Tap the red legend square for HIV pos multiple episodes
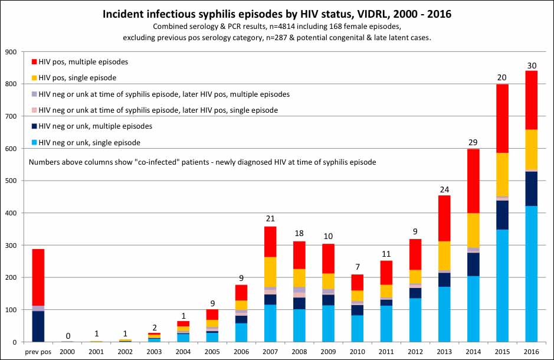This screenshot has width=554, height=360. click(x=34, y=61)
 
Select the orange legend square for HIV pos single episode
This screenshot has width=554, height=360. click(x=34, y=78)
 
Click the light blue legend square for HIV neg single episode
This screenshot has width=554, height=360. click(x=34, y=142)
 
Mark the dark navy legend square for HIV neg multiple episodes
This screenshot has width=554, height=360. click(x=34, y=126)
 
